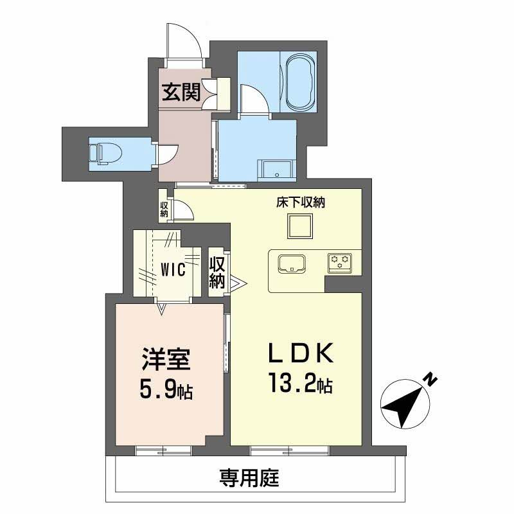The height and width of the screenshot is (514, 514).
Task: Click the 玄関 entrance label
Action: pyautogui.click(x=181, y=93)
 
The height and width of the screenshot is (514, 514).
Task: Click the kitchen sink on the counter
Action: pyautogui.click(x=292, y=263)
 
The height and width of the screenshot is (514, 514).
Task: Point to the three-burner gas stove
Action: pyautogui.click(x=339, y=261)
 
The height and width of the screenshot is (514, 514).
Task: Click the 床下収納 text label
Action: pyautogui.click(x=299, y=203)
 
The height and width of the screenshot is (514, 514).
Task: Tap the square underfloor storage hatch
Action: pyautogui.click(x=299, y=226)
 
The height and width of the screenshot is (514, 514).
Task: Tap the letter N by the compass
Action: pyautogui.click(x=431, y=380)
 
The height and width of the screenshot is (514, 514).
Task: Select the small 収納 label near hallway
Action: pyautogui.click(x=164, y=209)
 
